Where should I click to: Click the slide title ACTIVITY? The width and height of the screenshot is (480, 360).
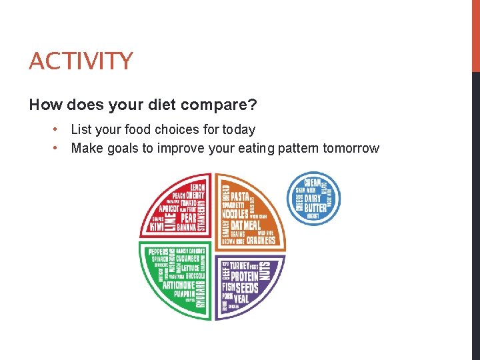[81, 61]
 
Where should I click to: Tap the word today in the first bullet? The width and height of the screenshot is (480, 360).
[237, 129]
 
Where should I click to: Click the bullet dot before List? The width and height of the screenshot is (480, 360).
[59, 129]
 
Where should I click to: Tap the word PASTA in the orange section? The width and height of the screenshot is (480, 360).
[239, 197]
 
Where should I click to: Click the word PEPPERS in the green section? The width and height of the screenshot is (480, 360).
[163, 251]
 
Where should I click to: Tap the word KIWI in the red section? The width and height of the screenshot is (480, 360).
[156, 227]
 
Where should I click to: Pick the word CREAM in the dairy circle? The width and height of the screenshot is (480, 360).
[313, 181]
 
